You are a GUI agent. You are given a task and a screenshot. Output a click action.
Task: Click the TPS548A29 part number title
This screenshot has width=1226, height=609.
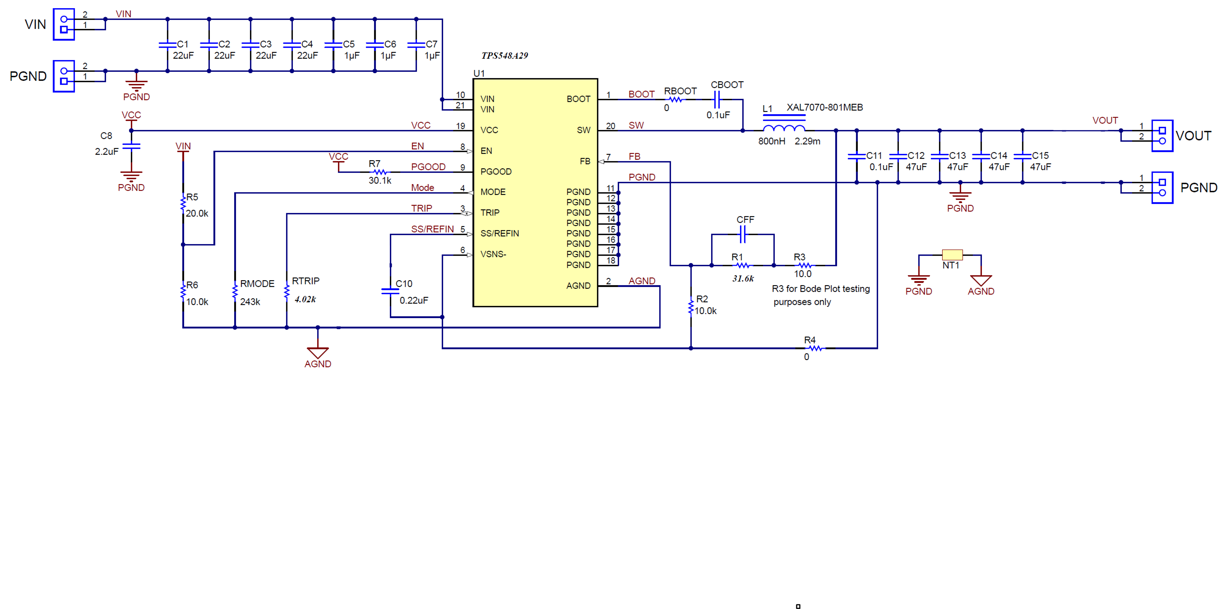(x=504, y=55)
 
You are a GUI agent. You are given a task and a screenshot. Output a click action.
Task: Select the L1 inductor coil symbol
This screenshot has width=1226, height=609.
(x=784, y=128)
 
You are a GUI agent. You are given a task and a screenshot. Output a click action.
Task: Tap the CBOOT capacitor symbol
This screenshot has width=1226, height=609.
(x=717, y=99)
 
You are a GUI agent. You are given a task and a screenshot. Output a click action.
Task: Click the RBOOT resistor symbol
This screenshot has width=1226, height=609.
(x=675, y=99)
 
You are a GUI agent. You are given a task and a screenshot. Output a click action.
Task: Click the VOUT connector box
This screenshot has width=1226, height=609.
(x=1162, y=136)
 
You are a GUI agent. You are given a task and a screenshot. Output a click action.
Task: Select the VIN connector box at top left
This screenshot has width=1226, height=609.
(x=64, y=24)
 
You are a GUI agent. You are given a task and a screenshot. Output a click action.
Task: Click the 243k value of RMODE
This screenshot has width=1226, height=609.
(x=250, y=302)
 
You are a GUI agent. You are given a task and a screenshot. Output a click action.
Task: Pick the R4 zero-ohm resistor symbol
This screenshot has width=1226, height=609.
(x=815, y=348)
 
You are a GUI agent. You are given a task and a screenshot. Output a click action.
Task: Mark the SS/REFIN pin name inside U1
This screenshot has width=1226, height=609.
(x=499, y=234)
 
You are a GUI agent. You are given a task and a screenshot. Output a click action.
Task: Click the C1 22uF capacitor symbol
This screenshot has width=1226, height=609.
(x=167, y=45)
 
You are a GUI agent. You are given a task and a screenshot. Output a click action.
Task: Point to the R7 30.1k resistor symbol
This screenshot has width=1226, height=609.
(x=379, y=172)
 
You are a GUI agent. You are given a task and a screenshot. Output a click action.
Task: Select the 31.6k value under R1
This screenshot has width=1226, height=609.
(x=742, y=279)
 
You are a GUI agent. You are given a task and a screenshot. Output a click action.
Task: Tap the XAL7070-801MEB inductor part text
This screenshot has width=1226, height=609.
(x=824, y=107)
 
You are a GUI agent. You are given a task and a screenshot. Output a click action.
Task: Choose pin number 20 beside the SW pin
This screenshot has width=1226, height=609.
(x=610, y=126)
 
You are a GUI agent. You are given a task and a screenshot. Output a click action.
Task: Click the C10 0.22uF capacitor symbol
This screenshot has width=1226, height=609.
(x=390, y=291)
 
